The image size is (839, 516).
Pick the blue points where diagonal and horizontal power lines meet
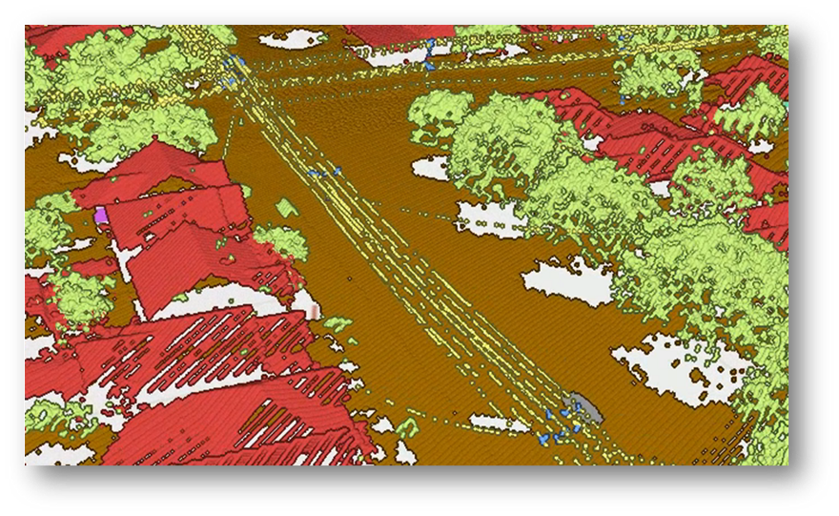(x=235, y=65)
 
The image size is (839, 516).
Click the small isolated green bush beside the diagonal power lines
(x=286, y=207)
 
